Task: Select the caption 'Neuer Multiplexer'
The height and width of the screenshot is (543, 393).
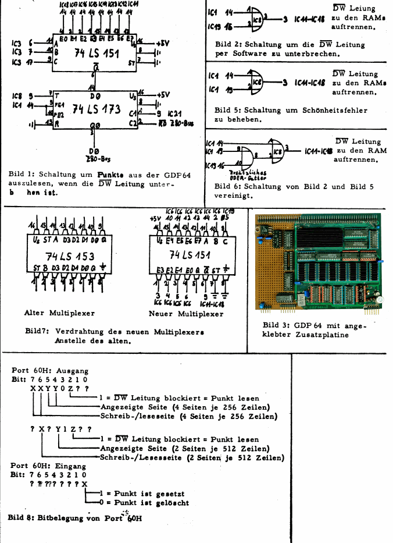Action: click(x=186, y=314)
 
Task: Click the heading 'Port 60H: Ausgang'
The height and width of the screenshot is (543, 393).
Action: click(x=50, y=370)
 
